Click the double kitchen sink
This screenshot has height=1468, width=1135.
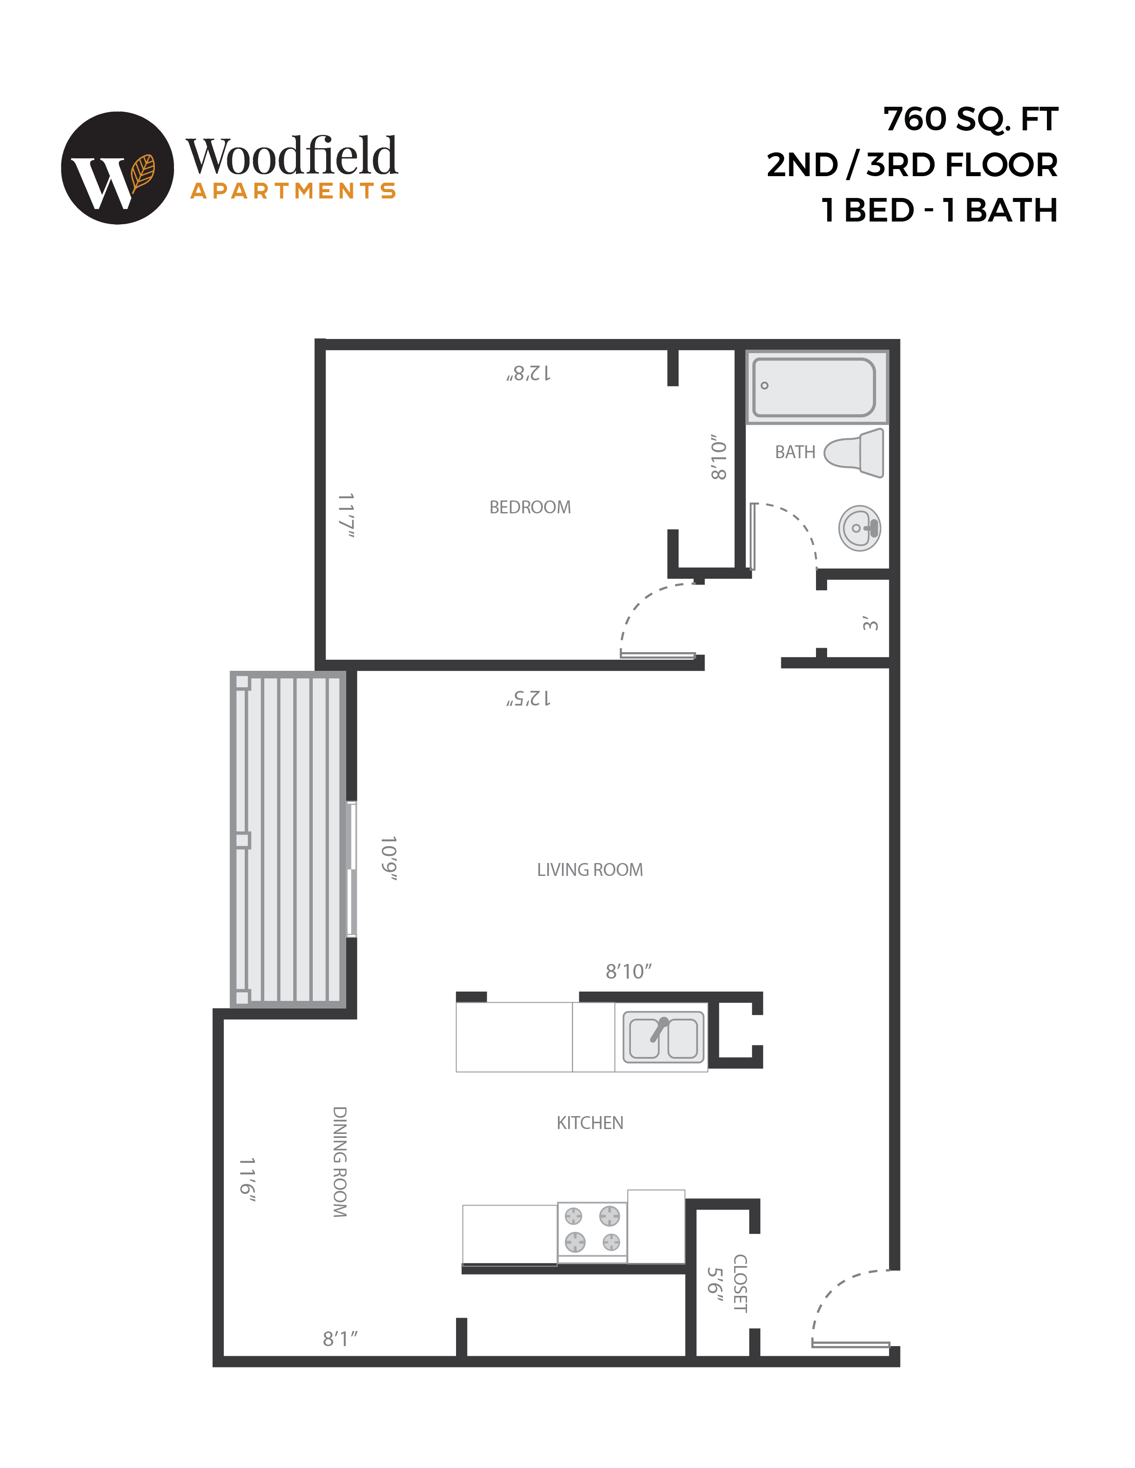pyautogui.click(x=663, y=1038)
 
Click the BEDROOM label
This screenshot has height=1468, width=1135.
pyautogui.click(x=530, y=508)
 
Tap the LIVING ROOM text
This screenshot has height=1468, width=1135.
pyautogui.click(x=590, y=870)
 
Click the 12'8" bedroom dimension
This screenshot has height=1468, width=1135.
pyautogui.click(x=529, y=373)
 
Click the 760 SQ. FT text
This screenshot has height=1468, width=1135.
pyautogui.click(x=970, y=120)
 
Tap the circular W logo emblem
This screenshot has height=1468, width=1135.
pyautogui.click(x=117, y=168)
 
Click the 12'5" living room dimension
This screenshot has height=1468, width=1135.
pyautogui.click(x=529, y=698)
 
